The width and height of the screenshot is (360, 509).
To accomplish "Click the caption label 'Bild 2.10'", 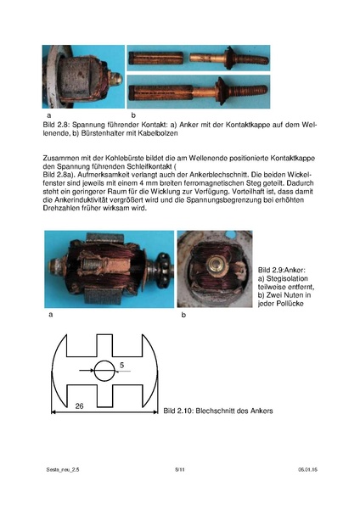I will coord(177,411).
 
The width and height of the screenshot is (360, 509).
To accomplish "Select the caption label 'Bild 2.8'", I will coord(57,122).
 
